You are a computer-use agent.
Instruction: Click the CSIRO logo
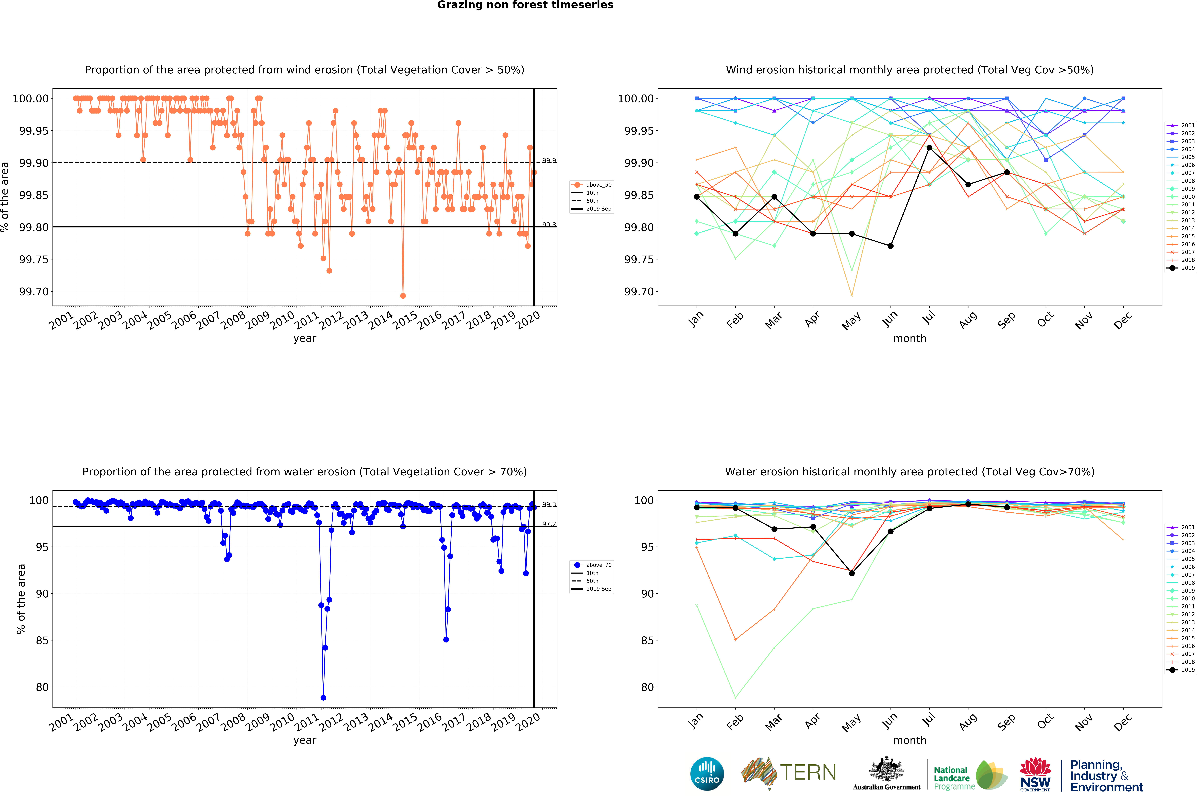pyautogui.click(x=707, y=774)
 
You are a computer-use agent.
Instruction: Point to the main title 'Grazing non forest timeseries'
pyautogui.click(x=525, y=5)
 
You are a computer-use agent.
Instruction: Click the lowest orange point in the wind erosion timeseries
pyautogui.click(x=403, y=296)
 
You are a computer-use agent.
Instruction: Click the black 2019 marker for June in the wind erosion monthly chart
pyautogui.click(x=891, y=246)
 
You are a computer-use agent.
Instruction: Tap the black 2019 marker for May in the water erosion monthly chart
pyautogui.click(x=852, y=573)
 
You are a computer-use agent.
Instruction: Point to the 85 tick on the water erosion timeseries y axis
pyautogui.click(x=42, y=640)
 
